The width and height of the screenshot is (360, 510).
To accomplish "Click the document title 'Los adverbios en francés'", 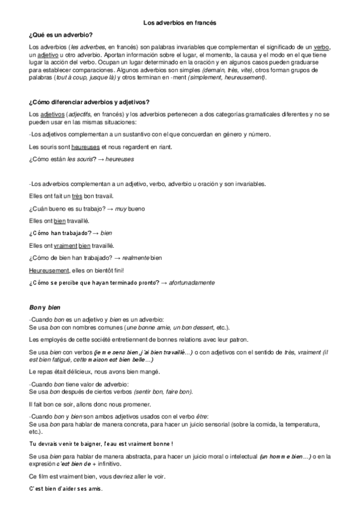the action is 180,22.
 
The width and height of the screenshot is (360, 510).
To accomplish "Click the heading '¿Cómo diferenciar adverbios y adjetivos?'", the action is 89,102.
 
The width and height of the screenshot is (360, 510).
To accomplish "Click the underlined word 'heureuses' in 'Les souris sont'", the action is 86,147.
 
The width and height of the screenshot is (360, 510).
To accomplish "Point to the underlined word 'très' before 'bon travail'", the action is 76,196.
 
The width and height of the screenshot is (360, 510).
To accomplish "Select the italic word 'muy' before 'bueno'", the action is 120,209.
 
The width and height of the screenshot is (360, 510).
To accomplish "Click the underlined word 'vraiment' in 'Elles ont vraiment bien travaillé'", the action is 64,245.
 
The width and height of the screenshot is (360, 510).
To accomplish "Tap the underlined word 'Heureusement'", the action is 49,270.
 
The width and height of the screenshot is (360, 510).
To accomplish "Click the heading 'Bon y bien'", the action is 41,307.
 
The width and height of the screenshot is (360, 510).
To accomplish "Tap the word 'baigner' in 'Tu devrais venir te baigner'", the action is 92,444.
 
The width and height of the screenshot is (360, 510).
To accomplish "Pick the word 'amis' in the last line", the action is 95,488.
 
